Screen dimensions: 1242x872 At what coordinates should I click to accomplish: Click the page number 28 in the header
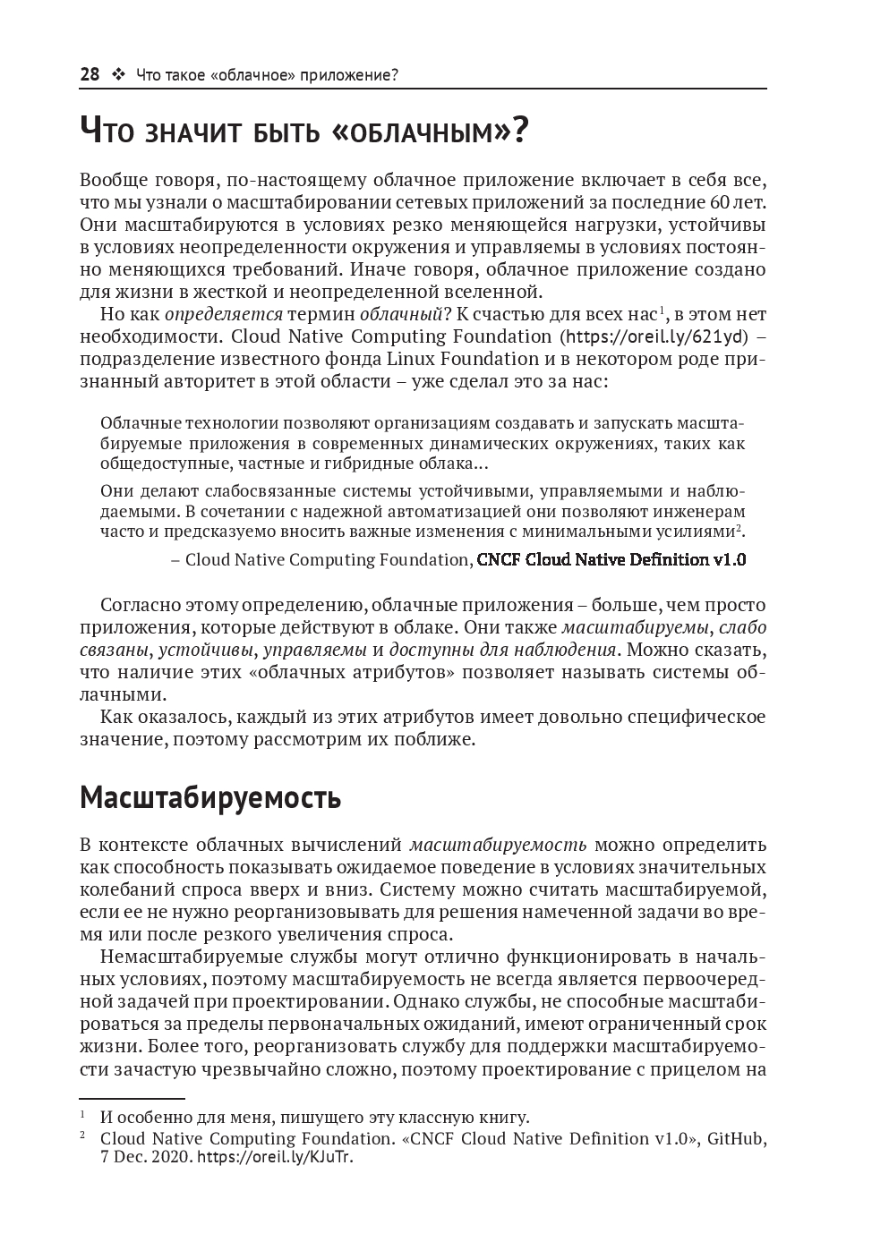click(x=90, y=74)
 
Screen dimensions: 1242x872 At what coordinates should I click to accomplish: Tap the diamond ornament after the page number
click(x=117, y=74)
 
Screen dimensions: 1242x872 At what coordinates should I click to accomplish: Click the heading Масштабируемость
click(x=210, y=797)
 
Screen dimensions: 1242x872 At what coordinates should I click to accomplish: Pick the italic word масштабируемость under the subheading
click(x=498, y=844)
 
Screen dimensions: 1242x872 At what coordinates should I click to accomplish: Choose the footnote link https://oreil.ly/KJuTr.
click(x=275, y=1157)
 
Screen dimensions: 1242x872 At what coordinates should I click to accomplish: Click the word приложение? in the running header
click(x=353, y=75)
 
